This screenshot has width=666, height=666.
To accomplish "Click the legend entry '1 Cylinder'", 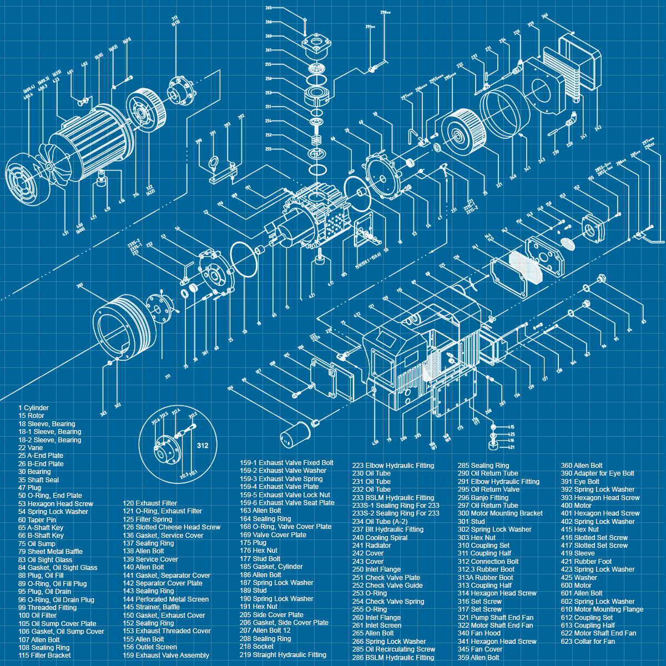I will click(33, 408).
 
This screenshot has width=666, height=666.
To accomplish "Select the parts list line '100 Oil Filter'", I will click(37, 615).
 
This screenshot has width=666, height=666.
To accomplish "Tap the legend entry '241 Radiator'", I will click(371, 546).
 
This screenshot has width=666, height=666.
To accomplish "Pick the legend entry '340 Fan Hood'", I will click(479, 633).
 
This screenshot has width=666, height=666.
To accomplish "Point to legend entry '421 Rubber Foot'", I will click(586, 562).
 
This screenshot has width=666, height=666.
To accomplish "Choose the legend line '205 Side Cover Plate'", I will click(271, 615).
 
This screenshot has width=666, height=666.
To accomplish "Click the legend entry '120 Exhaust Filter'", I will click(150, 503).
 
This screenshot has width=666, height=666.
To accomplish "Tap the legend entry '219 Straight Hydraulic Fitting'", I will click(283, 655).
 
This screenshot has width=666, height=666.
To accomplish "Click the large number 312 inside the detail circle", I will click(203, 445).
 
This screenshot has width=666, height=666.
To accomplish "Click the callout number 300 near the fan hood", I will click(79, 285).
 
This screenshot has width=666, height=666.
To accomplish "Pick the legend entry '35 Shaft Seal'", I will click(38, 480).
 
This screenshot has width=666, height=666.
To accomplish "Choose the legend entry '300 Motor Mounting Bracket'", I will click(500, 513).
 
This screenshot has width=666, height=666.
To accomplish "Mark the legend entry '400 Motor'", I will click(576, 506).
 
